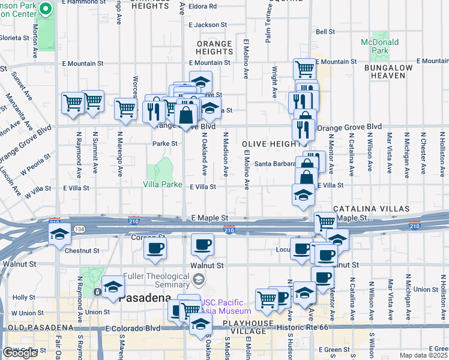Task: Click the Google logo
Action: coord(19,353)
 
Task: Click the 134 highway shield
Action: coord(79,230)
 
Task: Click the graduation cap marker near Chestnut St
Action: coord(58,235)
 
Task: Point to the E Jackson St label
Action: coord(207,25)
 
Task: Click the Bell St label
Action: coord(325,32)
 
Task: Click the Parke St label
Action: coord(164,144)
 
